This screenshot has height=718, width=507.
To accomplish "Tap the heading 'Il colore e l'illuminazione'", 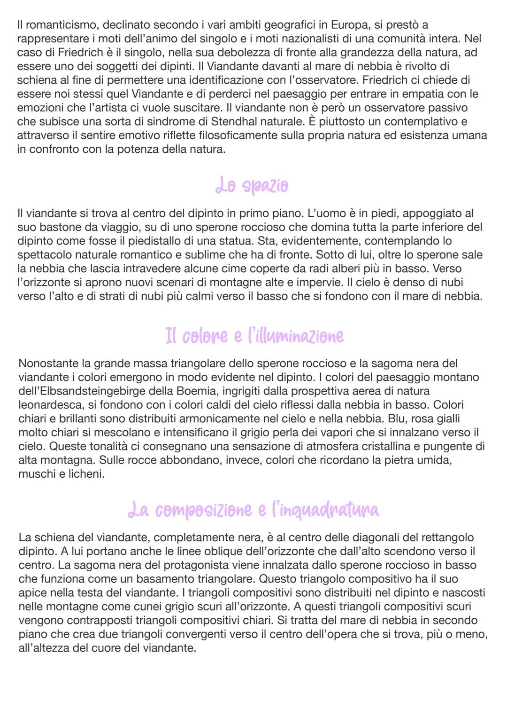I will click(x=254, y=336).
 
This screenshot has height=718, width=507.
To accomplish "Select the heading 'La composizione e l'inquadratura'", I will click(x=253, y=510).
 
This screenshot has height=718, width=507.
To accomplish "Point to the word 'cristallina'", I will click(x=379, y=446).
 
